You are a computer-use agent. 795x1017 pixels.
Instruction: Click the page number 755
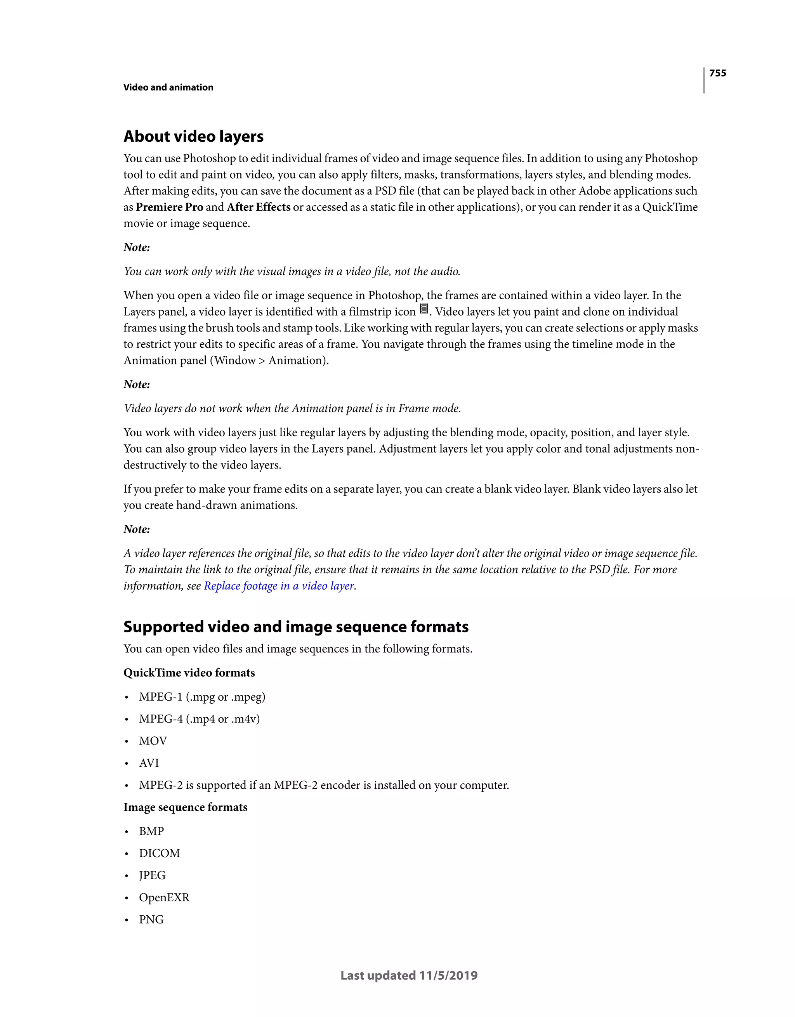(x=717, y=73)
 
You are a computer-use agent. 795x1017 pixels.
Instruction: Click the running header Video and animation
(x=168, y=88)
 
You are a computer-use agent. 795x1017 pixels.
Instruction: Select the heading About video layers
(x=193, y=136)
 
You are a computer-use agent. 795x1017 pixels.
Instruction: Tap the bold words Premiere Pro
(x=169, y=207)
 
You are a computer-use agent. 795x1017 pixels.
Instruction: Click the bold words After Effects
(x=259, y=207)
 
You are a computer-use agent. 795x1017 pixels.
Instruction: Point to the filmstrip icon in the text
(x=424, y=309)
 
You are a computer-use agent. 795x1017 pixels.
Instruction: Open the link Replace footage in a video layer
(x=279, y=586)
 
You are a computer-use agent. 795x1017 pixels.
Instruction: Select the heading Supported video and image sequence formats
(x=296, y=627)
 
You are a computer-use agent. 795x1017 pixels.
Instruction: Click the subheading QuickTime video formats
(x=189, y=673)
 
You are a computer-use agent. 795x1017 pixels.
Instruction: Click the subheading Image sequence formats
(x=186, y=807)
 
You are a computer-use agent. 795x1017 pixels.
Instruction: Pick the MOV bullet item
(x=153, y=741)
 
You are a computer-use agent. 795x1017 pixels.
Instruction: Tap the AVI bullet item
(x=149, y=763)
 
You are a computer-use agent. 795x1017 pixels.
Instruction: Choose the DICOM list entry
(x=159, y=854)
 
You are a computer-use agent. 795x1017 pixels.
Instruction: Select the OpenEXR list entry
(x=164, y=898)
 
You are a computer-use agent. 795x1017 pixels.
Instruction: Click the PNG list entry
(x=151, y=920)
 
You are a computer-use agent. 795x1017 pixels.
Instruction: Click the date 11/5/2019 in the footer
(x=448, y=975)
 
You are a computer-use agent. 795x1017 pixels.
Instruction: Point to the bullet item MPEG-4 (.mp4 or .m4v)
(x=199, y=719)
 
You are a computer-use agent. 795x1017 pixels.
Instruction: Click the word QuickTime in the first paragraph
(x=670, y=207)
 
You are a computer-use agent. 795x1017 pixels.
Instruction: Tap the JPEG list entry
(x=152, y=875)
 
